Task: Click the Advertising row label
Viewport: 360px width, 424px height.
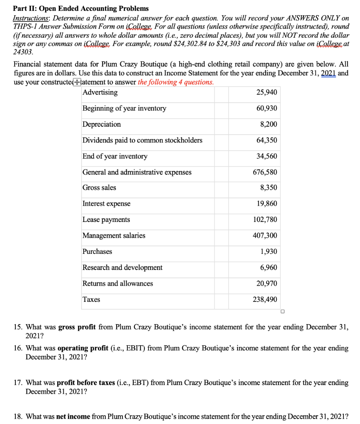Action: coord(100,92)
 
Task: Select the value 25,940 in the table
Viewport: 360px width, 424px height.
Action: coord(267,92)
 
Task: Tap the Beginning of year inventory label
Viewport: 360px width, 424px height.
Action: coord(125,108)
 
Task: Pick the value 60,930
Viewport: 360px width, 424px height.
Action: coord(267,108)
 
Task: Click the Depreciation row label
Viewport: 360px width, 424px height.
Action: coord(102,124)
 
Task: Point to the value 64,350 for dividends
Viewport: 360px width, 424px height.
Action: coord(267,140)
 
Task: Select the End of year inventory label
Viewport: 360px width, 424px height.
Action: coord(115,156)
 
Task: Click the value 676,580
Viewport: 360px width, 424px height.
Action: coord(265,172)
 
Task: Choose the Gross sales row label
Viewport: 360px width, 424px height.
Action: coord(99,188)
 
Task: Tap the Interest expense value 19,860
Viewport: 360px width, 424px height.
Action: coord(267,204)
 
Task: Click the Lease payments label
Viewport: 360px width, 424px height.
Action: coord(106,220)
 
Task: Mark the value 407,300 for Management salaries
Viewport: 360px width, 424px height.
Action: coord(265,236)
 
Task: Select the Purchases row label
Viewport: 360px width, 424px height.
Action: coord(97,252)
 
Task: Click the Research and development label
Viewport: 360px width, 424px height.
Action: coord(122,267)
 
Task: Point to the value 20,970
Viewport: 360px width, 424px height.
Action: coord(267,284)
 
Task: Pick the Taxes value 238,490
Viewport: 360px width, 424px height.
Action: coord(265,299)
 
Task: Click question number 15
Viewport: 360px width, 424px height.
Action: coord(19,327)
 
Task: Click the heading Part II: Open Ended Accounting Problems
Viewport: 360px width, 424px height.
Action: coord(81,8)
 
